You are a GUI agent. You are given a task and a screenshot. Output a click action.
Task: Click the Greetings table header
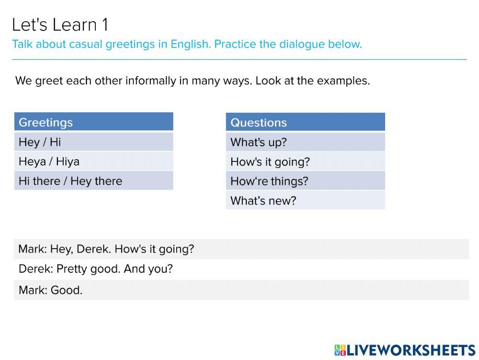point(94,122)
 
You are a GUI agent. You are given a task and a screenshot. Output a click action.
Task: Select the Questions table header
point(306,122)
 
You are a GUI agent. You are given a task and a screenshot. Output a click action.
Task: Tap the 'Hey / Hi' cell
point(94,142)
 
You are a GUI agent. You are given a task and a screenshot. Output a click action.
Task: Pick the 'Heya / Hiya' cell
point(94,161)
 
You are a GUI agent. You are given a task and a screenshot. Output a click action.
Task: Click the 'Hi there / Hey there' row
point(94,180)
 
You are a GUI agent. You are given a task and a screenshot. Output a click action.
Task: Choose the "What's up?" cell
point(306,142)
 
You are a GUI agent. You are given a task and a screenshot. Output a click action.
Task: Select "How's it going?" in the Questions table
point(306,161)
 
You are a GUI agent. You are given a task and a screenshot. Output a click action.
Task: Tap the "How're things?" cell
point(306,181)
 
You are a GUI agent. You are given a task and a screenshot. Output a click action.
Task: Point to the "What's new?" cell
point(306,201)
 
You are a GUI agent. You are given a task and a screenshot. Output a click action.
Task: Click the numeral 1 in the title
point(105,25)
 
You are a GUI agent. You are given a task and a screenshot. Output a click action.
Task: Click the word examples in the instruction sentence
point(343,81)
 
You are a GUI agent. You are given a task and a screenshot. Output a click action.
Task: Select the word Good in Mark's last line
point(66,290)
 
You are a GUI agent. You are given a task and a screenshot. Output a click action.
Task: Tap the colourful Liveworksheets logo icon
point(340,350)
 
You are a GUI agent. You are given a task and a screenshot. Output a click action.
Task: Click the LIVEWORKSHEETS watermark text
point(411,350)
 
